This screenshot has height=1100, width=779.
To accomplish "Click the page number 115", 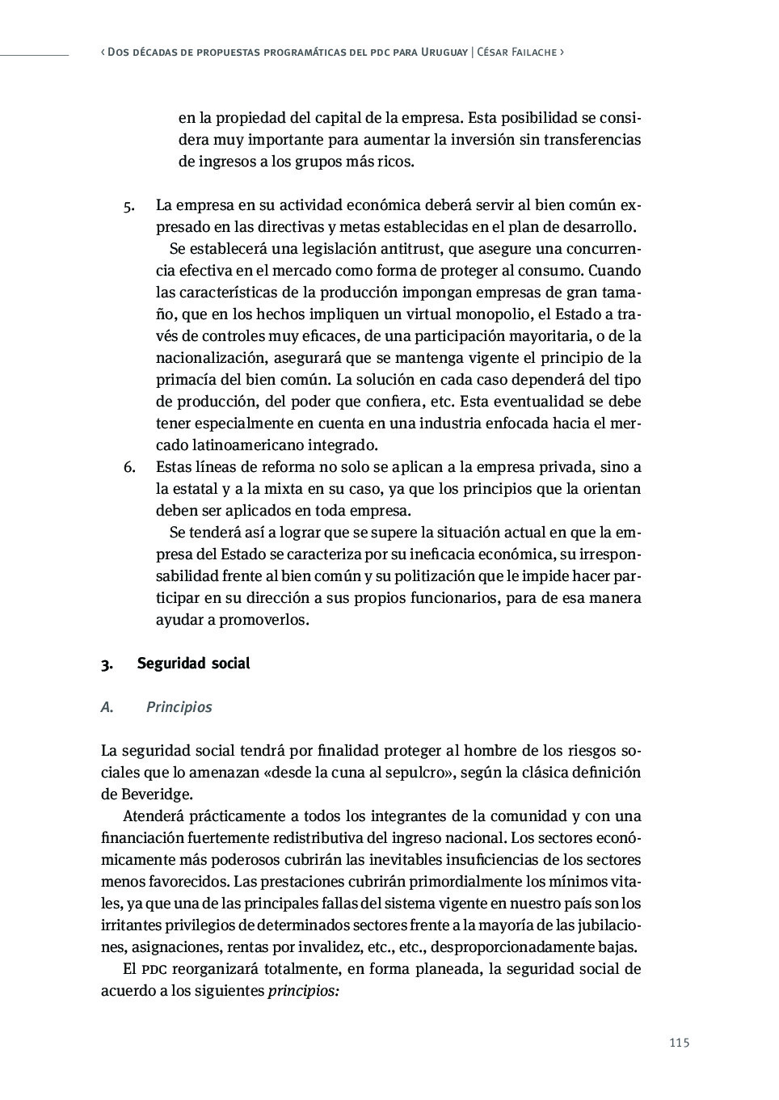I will coord(679,1043).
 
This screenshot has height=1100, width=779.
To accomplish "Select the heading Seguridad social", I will coord(193,664).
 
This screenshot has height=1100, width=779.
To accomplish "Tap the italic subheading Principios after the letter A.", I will coord(179,707).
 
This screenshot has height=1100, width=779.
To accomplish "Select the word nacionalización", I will coord(211,358).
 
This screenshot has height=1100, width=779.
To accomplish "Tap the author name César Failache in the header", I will coord(516,52).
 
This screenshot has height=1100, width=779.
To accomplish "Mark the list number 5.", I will coord(128,206).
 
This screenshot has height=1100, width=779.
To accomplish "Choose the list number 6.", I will coord(128,467).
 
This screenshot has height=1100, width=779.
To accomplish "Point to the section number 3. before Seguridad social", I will coord(106,664).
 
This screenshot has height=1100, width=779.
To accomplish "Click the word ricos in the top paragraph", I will coord(394,162).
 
